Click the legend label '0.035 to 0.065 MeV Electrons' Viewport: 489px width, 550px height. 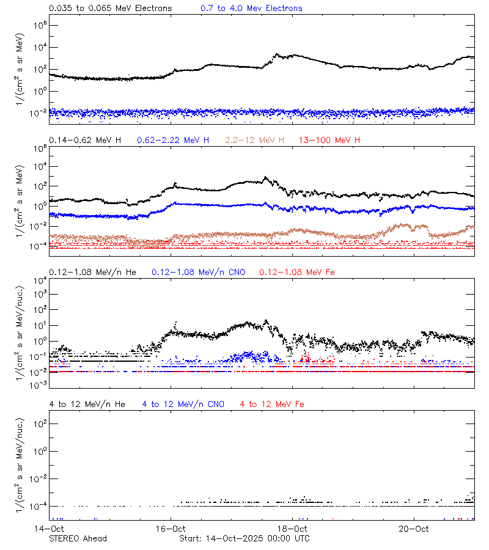click(111, 9)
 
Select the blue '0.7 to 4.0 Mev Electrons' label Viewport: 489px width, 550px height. click(251, 9)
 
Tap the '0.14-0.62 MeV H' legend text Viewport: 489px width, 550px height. click(85, 141)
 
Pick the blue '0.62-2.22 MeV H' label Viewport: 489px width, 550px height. click(173, 141)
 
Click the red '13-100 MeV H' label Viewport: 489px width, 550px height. click(329, 141)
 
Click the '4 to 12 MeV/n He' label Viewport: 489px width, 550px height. click(87, 404)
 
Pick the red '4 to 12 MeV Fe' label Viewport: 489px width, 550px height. click(272, 404)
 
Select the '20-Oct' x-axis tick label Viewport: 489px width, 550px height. click(414, 528)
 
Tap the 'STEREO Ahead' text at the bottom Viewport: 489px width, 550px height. click(78, 538)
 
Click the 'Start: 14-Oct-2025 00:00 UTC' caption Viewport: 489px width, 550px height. click(244, 538)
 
